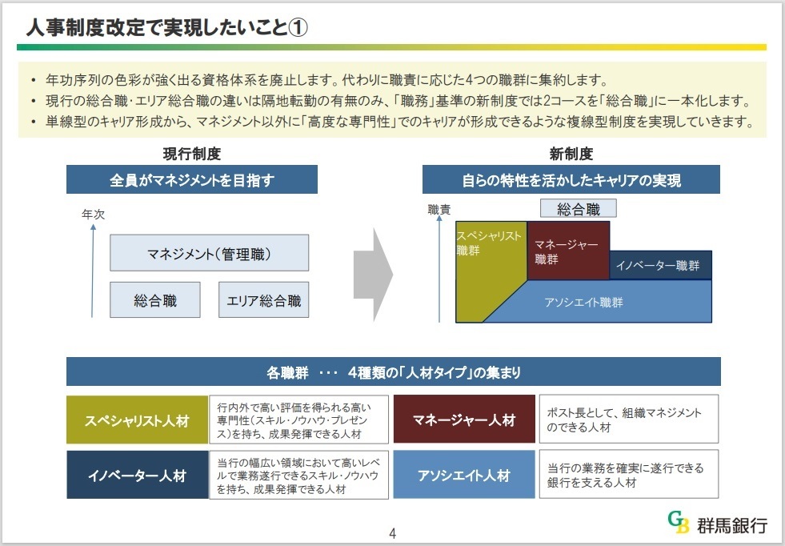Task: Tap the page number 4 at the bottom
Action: [392, 533]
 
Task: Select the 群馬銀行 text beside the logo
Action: [731, 524]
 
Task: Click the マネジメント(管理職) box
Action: [209, 253]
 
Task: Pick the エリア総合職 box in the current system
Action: [263, 301]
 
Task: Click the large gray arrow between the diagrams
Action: [373, 271]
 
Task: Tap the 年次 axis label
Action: [93, 215]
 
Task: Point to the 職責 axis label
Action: [439, 210]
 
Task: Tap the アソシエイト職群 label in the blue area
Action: [583, 303]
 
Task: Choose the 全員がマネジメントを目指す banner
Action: [191, 180]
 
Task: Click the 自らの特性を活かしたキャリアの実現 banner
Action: [571, 180]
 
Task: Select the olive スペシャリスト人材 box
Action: [137, 420]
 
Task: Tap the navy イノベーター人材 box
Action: [137, 476]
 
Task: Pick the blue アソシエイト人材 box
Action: [464, 476]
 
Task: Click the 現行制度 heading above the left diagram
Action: [191, 153]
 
